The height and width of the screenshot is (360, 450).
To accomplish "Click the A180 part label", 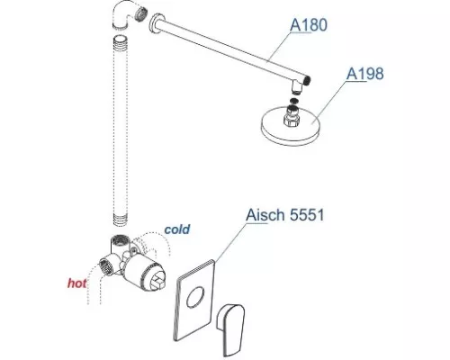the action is (x=309, y=24).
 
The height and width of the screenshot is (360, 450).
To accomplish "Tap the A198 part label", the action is (x=364, y=74).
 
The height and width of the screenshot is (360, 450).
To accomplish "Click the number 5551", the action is (x=307, y=215).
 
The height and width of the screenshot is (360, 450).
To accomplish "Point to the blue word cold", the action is (x=177, y=229).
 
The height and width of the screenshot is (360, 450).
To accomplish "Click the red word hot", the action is (x=77, y=283).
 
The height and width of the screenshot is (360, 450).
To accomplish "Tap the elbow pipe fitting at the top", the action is (x=123, y=14).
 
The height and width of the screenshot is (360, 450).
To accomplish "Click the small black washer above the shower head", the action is (x=294, y=101).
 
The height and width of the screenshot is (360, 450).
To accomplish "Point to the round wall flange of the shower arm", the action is (x=156, y=23).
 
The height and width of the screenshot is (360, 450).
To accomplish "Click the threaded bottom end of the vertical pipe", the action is (x=121, y=220).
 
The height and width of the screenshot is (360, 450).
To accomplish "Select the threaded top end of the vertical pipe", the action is (x=121, y=42).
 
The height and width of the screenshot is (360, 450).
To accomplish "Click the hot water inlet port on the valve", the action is (x=106, y=265).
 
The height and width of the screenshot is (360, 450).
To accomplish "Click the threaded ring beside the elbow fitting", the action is (x=141, y=14).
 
